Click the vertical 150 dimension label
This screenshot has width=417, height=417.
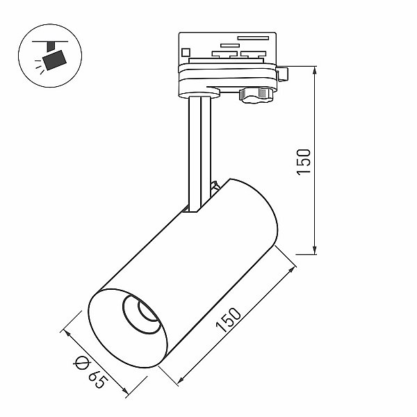click(x=304, y=162)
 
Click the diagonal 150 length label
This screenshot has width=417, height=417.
click(x=229, y=320)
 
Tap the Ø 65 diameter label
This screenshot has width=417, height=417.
click(x=90, y=372)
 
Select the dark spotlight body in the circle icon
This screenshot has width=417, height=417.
click(x=54, y=60)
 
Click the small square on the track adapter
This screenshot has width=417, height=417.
click(x=186, y=52)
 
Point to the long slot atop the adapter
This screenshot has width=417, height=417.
click(x=253, y=38)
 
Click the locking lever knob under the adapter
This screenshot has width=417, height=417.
click(x=256, y=95)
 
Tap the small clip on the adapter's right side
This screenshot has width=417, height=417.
click(x=282, y=74)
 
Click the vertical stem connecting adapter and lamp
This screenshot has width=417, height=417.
click(x=200, y=154)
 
